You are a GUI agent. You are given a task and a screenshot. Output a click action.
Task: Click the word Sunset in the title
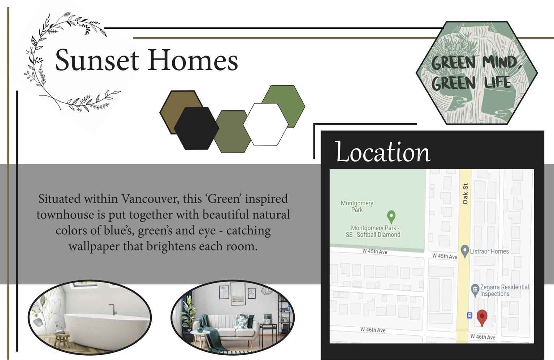pos(97,60)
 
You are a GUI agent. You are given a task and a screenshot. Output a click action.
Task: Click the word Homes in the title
pos(193,60)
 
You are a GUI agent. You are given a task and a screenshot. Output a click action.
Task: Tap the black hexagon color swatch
pos(196,128)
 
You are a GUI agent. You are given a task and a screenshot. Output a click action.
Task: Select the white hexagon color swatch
pos(266,124)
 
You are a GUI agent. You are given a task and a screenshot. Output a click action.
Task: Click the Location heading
pos(382,151)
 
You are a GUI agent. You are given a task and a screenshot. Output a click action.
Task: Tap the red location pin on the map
pos(482,318)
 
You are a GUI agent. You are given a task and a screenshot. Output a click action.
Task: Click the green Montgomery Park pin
pos(391,217)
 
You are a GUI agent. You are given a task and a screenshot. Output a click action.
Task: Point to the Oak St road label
pos(465,194)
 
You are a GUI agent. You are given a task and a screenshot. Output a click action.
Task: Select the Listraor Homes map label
pos(489,251)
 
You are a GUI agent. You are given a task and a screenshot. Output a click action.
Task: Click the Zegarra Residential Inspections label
pos(505,291)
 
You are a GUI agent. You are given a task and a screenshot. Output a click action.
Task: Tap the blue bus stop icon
pos(469,316)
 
